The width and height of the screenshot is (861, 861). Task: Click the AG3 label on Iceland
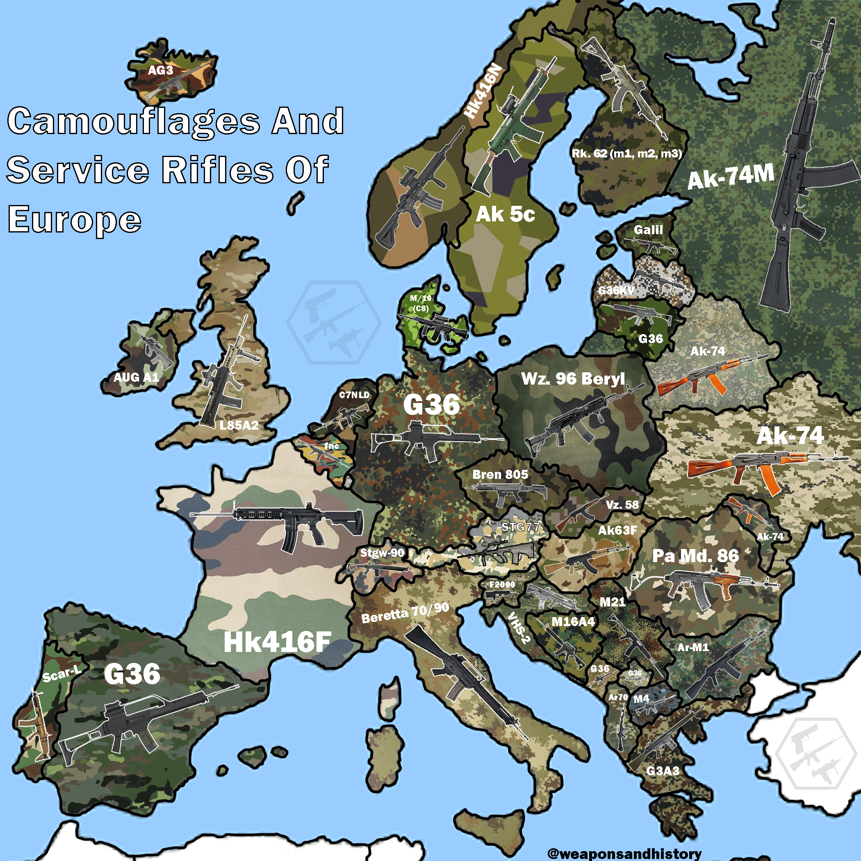[160, 71]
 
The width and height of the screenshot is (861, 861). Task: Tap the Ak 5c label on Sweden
[506, 214]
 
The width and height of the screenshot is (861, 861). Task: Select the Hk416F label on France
[277, 642]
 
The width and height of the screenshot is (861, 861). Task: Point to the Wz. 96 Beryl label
[573, 379]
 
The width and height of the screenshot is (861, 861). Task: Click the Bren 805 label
[500, 474]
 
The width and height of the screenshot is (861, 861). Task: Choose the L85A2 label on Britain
[239, 425]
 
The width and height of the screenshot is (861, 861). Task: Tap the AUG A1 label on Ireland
[136, 378]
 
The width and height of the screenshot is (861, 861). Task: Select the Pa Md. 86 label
[695, 556]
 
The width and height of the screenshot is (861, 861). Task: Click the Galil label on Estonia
[649, 230]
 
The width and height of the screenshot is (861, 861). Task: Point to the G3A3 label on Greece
[663, 770]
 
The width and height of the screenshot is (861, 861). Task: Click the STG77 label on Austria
[520, 527]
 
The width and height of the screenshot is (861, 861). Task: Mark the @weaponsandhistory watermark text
[624, 853]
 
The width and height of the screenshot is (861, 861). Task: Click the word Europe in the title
[75, 220]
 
